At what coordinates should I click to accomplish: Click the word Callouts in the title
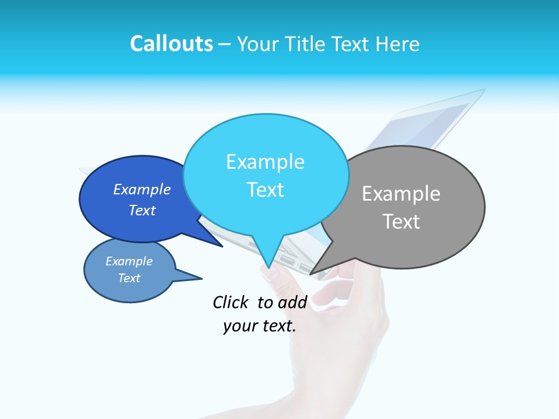pos(171,44)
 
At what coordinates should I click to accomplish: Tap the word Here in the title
pos(398,44)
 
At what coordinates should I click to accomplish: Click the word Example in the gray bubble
pos(401,194)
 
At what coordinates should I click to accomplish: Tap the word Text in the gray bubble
pos(401,222)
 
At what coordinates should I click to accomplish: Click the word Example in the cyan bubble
pos(265,162)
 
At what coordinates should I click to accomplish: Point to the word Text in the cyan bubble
pos(265,190)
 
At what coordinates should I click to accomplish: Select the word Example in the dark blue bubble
pos(142,189)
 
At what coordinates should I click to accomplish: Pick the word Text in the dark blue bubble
pos(142,210)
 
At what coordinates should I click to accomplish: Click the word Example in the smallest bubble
pos(129,261)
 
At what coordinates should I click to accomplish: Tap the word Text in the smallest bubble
pos(129,278)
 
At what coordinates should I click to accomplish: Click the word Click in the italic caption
pos(231,302)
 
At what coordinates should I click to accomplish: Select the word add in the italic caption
pos(292,302)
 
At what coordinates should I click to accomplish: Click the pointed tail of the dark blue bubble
pos(213,241)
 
